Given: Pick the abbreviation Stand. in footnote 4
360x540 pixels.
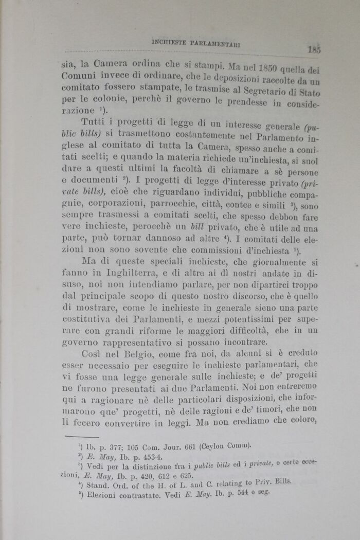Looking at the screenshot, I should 102,483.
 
